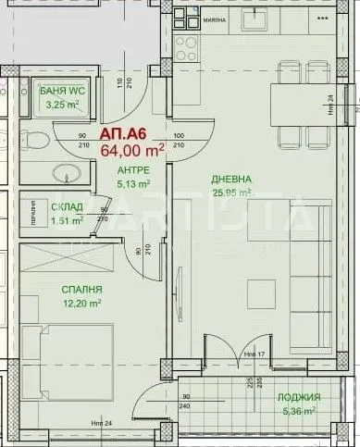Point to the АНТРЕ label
[133, 171]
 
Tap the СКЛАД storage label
[65, 208]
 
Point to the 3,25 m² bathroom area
[62, 105]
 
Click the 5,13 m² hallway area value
[133, 184]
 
